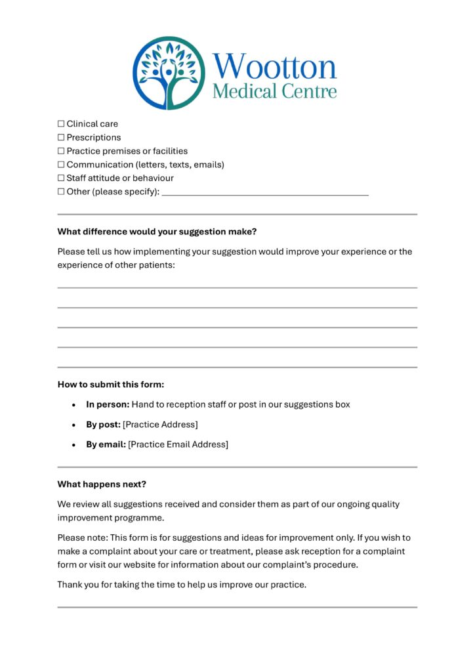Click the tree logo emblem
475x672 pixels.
coord(169,72)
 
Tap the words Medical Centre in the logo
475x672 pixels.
coord(274,91)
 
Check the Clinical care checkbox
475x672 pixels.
coord(61,123)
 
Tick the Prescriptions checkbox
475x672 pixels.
coord(61,137)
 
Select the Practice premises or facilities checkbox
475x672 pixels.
coord(61,151)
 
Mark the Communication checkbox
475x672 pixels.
coord(61,165)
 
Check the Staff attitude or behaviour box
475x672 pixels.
coord(61,178)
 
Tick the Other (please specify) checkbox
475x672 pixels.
coord(61,192)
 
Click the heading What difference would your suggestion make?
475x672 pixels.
coord(157,232)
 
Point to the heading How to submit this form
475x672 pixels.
coord(110,385)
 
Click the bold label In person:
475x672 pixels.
coord(108,404)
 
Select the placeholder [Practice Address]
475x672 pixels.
coord(160,425)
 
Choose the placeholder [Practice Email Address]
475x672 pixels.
coord(178,444)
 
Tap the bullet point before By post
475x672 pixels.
coord(74,425)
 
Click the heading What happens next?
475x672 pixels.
coord(102,484)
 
